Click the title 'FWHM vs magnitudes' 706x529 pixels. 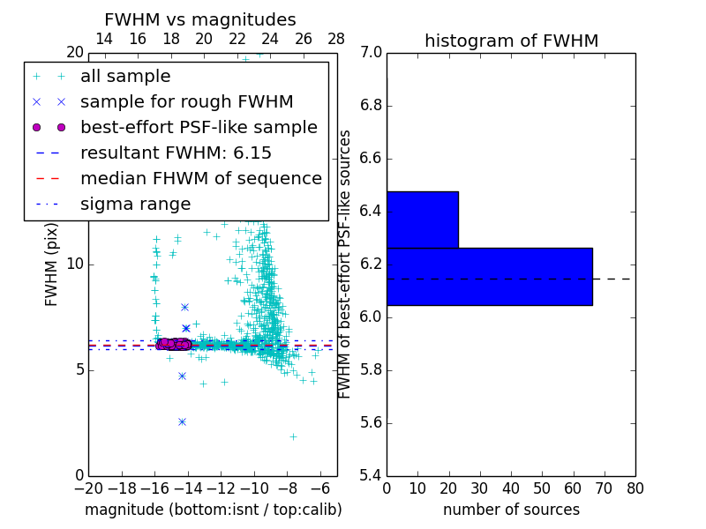200,19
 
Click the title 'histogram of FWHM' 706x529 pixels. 511,41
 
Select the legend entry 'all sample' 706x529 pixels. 125,77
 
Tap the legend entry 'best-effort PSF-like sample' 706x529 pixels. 199,128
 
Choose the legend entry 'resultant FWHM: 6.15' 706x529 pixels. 176,153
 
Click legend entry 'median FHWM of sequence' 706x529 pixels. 200,179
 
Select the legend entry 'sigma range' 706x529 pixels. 135,205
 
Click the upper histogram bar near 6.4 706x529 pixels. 422,220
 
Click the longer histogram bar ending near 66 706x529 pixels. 489,276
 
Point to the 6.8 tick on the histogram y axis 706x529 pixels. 370,106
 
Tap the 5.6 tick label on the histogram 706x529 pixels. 370,422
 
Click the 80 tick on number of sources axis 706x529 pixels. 635,488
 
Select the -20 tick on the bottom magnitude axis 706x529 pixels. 88,488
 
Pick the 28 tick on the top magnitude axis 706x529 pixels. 336,39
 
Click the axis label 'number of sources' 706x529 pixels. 511,510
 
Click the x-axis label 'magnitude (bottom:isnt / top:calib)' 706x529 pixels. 213,510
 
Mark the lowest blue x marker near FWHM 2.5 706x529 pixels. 182,421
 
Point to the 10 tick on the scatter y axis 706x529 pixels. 74,264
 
